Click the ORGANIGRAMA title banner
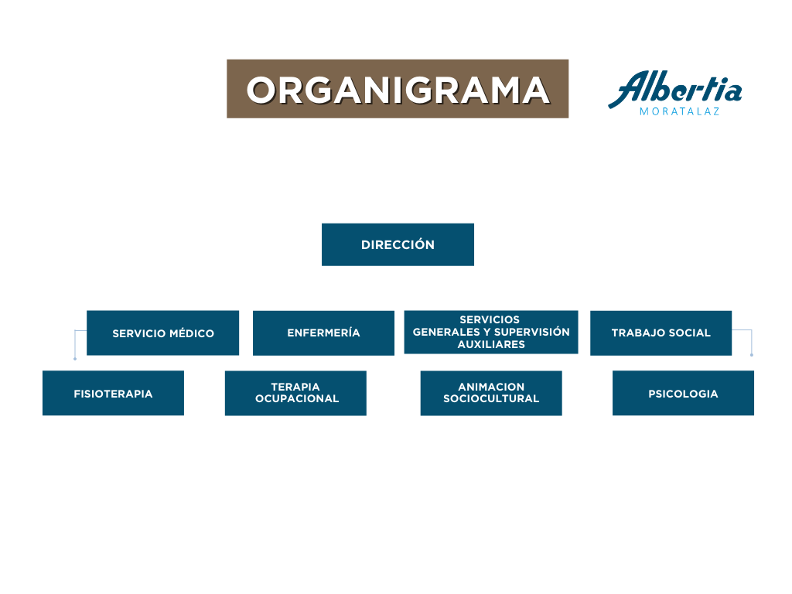[398, 89]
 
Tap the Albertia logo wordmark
[674, 90]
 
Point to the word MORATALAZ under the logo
[680, 111]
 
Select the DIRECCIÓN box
[398, 244]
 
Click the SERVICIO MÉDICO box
[162, 333]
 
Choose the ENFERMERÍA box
[323, 333]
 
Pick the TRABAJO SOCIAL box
[661, 333]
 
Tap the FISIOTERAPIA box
[113, 394]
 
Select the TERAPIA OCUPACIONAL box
[295, 393]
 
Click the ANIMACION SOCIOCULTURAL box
[491, 393]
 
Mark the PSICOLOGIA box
[683, 394]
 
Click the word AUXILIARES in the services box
[491, 345]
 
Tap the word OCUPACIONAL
[297, 399]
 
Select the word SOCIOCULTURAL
[491, 399]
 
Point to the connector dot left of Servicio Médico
[75, 359]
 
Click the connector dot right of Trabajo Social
[752, 355]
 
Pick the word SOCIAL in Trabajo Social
[690, 333]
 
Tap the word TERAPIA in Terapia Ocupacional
[295, 387]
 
